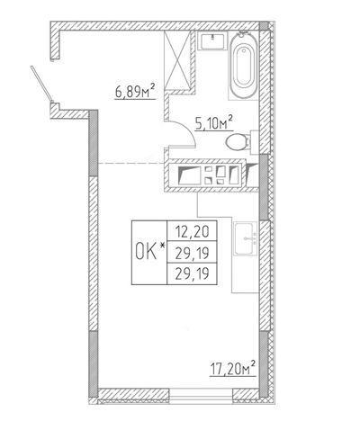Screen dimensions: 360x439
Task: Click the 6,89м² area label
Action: pyautogui.click(x=135, y=92)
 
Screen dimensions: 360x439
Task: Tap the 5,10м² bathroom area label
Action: pyautogui.click(x=214, y=122)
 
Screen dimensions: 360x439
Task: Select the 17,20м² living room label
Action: pyautogui.click(x=232, y=369)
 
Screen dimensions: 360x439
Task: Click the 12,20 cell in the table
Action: pyautogui.click(x=192, y=231)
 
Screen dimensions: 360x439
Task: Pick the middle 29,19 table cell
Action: pyautogui.click(x=192, y=253)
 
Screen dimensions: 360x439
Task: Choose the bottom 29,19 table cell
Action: pyautogui.click(x=192, y=273)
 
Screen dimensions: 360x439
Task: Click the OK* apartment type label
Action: pyautogui.click(x=150, y=251)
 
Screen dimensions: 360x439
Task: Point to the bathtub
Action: pyautogui.click(x=244, y=66)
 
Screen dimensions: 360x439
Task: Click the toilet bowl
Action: pyautogui.click(x=237, y=142)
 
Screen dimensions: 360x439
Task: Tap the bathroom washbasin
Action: pyautogui.click(x=213, y=41)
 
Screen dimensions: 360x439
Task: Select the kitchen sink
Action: pyautogui.click(x=246, y=238)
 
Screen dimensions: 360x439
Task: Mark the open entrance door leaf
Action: pyautogui.click(x=42, y=84)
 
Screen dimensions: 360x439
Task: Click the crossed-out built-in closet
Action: pyautogui.click(x=177, y=60)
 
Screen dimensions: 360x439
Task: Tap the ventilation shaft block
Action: pyautogui.click(x=211, y=175)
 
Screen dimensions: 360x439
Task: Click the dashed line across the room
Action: pyautogui.click(x=131, y=164)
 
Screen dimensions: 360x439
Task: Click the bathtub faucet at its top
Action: pyautogui.click(x=244, y=34)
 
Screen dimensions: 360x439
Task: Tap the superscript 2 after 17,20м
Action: pyautogui.click(x=253, y=363)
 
